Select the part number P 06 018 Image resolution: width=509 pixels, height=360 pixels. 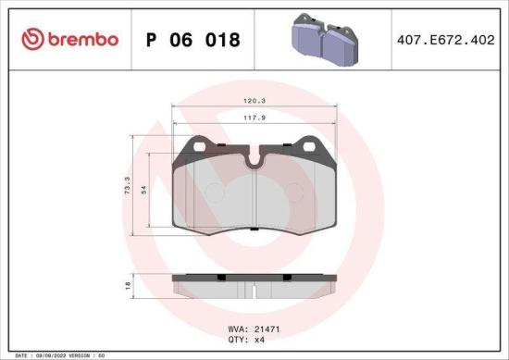click(193, 41)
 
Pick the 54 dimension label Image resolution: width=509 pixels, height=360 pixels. click(143, 188)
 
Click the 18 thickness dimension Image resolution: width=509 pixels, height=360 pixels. click(126, 288)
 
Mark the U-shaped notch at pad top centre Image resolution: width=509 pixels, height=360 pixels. click(255, 160)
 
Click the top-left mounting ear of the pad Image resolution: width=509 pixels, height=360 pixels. click(197, 145)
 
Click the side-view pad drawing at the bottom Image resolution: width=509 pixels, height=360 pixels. click(255, 285)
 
